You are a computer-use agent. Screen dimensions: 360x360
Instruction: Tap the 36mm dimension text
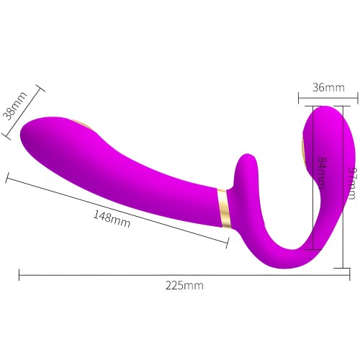pyautogui.click(x=328, y=88)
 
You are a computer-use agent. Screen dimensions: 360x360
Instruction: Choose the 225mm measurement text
pyautogui.click(x=184, y=285)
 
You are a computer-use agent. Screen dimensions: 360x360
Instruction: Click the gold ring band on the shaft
pyautogui.click(x=222, y=215)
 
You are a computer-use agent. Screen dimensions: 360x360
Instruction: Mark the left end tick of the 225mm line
pyautogui.click(x=19, y=274)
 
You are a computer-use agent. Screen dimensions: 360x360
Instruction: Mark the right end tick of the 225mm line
pyautogui.click(x=348, y=274)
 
